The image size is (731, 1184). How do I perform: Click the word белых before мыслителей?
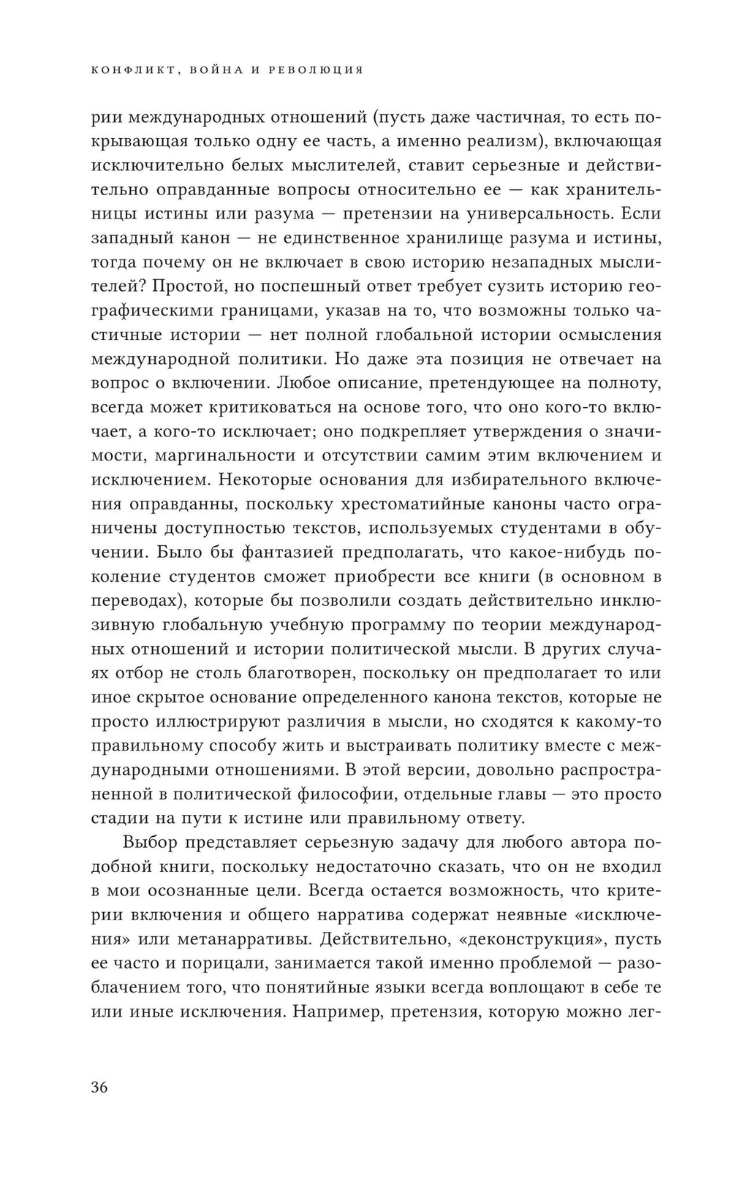262,166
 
